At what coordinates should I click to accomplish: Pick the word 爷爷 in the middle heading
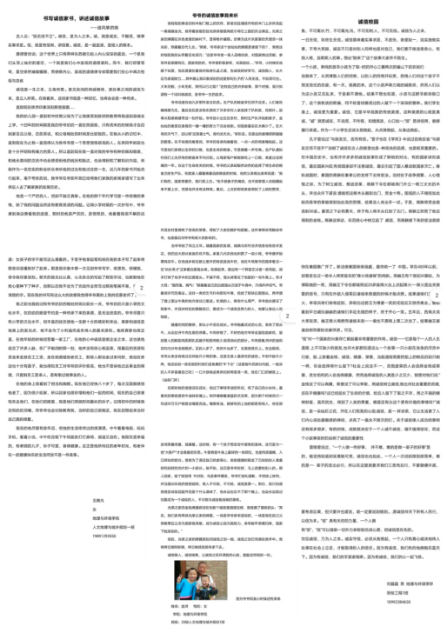click(x=198, y=15)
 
